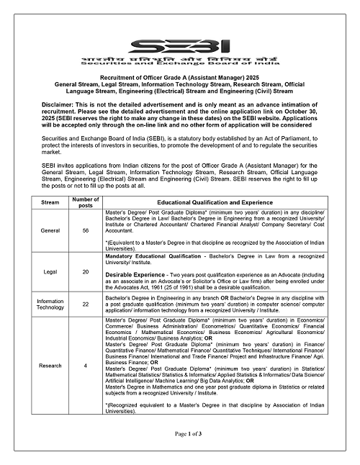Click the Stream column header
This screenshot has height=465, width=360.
(50, 202)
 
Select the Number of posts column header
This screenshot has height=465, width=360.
(86, 202)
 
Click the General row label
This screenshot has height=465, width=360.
(50, 232)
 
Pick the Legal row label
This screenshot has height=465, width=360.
(50, 272)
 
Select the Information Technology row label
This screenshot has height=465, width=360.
(50, 304)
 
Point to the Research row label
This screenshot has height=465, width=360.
(50, 366)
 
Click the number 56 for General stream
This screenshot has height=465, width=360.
(86, 232)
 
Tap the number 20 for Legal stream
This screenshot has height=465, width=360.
(86, 272)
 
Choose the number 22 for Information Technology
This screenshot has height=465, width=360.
(86, 304)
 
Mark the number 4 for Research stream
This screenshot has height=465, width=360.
(86, 366)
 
